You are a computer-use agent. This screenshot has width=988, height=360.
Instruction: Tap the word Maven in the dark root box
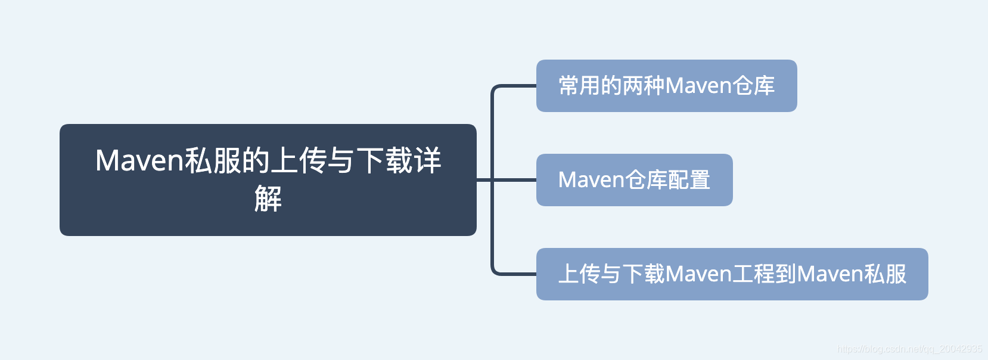[x=139, y=161]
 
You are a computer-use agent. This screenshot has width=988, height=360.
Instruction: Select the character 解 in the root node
[x=268, y=199]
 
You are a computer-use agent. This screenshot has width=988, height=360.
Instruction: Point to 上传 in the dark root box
[x=298, y=161]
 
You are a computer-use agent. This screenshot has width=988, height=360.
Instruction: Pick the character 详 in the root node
[x=427, y=161]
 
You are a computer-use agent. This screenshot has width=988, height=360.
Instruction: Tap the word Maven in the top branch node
[x=698, y=86]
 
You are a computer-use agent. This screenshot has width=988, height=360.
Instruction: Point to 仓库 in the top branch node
[x=753, y=86]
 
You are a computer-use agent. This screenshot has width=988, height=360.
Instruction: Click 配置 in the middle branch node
[x=689, y=180]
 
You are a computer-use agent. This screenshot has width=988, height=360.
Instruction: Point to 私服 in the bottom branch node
[x=885, y=274]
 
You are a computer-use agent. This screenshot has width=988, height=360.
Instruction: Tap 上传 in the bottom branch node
[x=579, y=274]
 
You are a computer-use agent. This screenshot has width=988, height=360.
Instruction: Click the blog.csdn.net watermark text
[x=909, y=349]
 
